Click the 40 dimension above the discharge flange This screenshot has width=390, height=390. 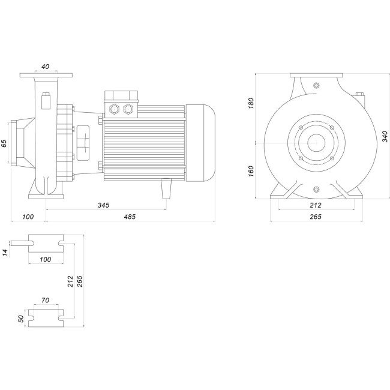pos(46,67)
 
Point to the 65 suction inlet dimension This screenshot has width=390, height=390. pos(5,143)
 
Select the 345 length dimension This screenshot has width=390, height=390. pos(103,206)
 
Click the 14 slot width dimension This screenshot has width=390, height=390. pos(5,253)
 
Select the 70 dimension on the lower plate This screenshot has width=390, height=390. pos(46,299)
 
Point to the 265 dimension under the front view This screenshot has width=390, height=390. pos(316,217)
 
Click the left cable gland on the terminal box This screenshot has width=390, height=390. pos(115,109)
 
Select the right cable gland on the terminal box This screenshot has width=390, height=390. pos(127,109)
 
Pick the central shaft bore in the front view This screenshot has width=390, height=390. pos(316,143)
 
